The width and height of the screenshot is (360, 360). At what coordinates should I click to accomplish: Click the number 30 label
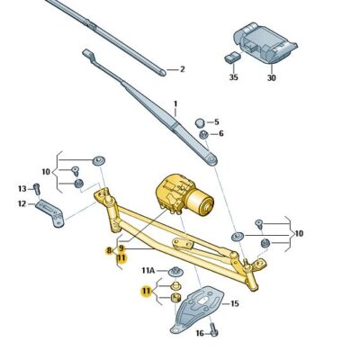(x=271, y=77)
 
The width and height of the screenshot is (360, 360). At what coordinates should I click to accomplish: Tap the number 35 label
(x=233, y=77)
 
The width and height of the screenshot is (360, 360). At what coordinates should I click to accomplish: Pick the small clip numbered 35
(x=231, y=59)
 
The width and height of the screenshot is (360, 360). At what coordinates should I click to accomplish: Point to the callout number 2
(x=182, y=68)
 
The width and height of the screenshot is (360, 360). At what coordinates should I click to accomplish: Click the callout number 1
(x=175, y=104)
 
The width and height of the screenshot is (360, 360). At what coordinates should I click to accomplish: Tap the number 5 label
(x=216, y=122)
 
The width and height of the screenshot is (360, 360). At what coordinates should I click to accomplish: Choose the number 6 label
(x=221, y=134)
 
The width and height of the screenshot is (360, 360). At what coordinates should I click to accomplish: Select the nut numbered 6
(x=204, y=135)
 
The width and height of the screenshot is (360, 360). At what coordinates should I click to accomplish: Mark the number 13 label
(x=22, y=188)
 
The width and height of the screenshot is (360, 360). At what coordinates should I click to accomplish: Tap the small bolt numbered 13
(x=37, y=188)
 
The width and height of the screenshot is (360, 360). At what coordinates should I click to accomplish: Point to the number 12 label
(x=22, y=204)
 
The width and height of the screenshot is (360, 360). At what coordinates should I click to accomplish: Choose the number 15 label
(x=234, y=304)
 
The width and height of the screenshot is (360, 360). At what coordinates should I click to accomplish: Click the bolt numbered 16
(x=215, y=331)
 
